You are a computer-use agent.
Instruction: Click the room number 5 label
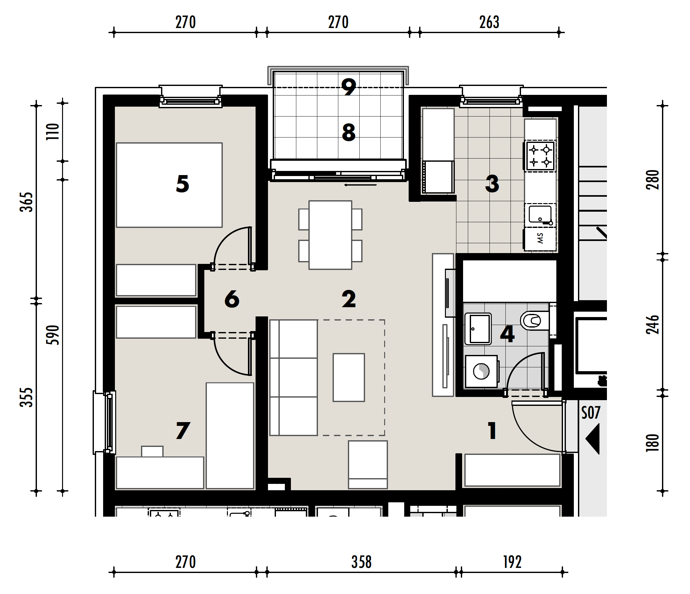coord(182,184)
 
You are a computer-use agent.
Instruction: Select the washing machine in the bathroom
coord(482,371)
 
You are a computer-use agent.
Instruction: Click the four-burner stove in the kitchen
coord(540,156)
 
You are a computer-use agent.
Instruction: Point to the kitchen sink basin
coord(540,214)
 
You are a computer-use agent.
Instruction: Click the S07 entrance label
coord(591,413)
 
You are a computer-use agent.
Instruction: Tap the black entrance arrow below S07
coord(593,439)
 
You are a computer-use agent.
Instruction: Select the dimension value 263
coord(489,22)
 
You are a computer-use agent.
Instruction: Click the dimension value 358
coord(361,562)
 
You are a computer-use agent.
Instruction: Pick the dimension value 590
coord(53,335)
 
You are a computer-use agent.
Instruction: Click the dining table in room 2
coord(330,235)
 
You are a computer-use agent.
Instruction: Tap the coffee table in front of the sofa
coord(349,378)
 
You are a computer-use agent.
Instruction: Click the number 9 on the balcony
coord(349,87)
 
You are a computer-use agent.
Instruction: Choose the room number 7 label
coord(183,430)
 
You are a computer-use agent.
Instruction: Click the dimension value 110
coord(53,131)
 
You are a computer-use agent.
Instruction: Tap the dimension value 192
coord(512,562)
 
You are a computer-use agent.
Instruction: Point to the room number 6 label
coord(232,299)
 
